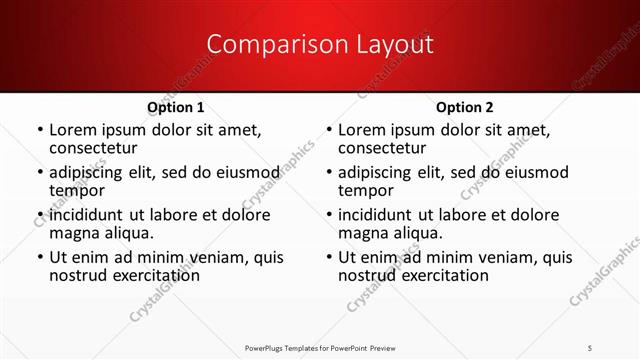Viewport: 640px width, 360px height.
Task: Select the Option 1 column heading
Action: [176, 107]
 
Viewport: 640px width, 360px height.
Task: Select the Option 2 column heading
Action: [465, 107]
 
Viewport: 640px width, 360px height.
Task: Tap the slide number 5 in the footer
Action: [590, 346]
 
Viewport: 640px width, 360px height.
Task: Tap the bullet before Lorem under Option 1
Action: [39, 131]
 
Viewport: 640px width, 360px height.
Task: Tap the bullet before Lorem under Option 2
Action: [328, 131]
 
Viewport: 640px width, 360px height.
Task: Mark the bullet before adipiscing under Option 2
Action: [328, 173]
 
